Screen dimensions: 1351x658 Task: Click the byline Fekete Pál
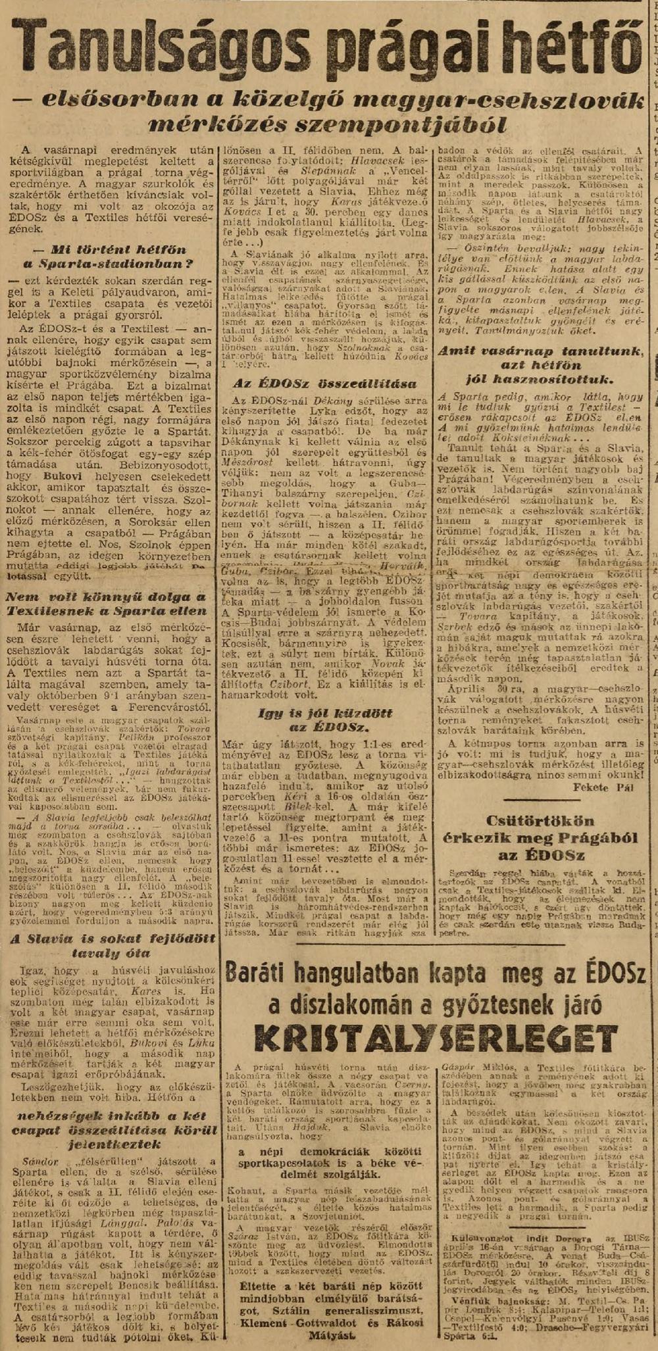point(610,791)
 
